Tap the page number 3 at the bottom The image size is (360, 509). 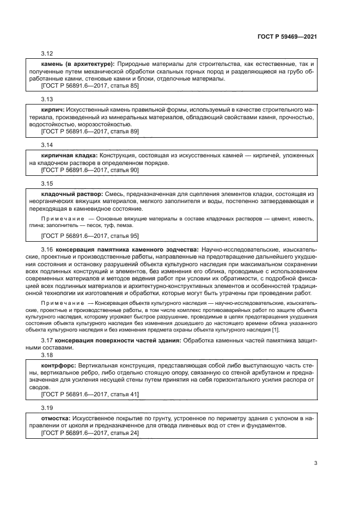pos(315,464)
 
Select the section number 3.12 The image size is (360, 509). pos(47,53)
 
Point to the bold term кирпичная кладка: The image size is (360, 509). pos(69,156)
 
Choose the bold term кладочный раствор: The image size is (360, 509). pos(72,194)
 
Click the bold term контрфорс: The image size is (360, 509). pos(59,363)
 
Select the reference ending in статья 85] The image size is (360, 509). pos(90,86)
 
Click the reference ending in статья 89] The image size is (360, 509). pos(90,132)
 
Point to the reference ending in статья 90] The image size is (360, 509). pos(90,170)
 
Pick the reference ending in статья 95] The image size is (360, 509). pos(90,235)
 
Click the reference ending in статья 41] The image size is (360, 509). pos(90,394)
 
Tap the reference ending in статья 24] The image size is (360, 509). pos(90,433)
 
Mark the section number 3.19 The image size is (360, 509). pos(47,407)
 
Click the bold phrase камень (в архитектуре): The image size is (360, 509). pos(74,64)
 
